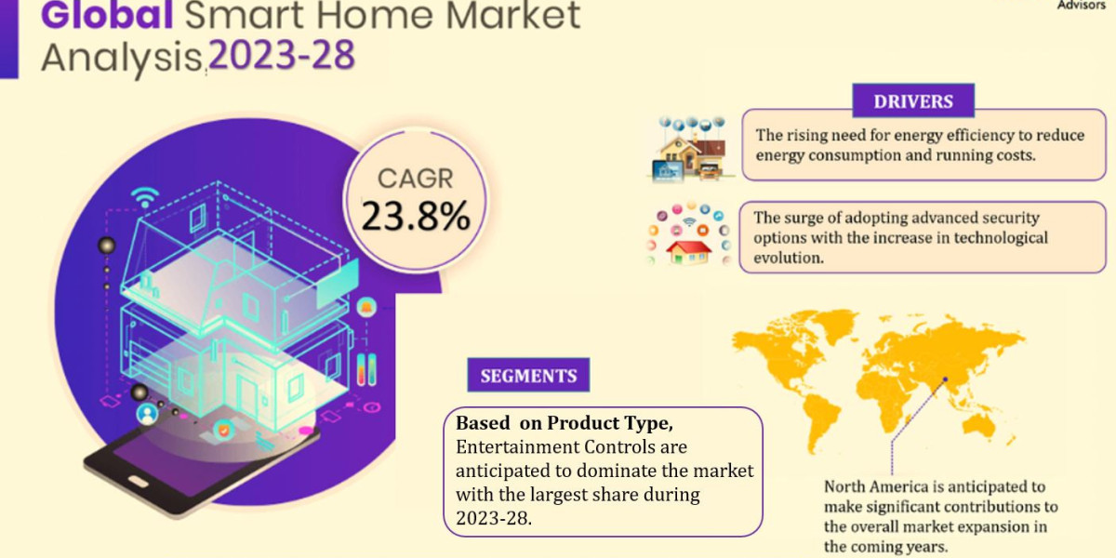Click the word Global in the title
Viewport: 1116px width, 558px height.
pyautogui.click(x=107, y=15)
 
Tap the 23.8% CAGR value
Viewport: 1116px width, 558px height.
pyautogui.click(x=416, y=216)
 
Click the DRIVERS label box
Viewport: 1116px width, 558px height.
pyautogui.click(x=913, y=101)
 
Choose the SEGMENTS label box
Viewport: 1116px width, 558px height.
pyautogui.click(x=528, y=375)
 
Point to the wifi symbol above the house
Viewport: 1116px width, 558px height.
pyautogui.click(x=145, y=197)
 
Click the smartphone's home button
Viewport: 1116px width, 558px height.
pyautogui.click(x=138, y=482)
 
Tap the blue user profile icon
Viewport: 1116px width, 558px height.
pyautogui.click(x=147, y=414)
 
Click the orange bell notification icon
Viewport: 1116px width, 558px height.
pyautogui.click(x=366, y=307)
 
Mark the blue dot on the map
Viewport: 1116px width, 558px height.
pyautogui.click(x=945, y=379)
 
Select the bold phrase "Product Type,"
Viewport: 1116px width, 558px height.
pyautogui.click(x=610, y=423)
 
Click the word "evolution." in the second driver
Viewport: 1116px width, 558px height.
pyautogui.click(x=789, y=258)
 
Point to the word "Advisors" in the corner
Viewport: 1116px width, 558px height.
pyautogui.click(x=1081, y=5)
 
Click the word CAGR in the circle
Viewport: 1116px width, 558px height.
pyautogui.click(x=416, y=179)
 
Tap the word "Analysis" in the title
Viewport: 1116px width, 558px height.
pyautogui.click(x=121, y=59)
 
